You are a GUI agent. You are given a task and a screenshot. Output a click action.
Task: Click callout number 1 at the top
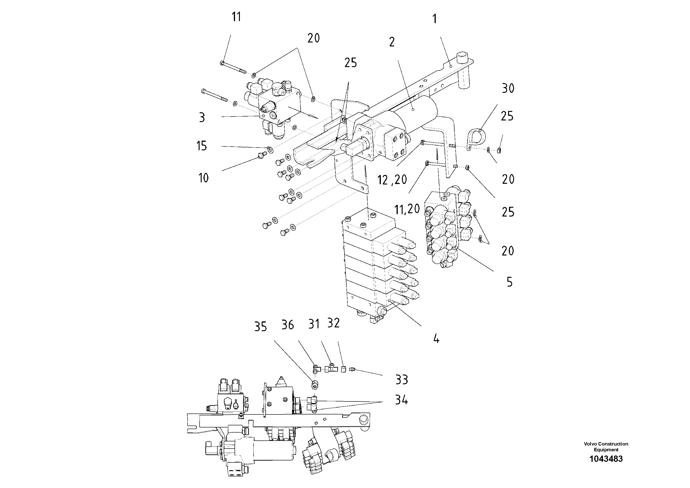(x=434, y=19)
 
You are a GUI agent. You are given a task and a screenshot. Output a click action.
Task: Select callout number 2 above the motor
(x=391, y=42)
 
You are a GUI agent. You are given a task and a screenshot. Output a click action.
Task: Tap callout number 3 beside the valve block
(x=202, y=118)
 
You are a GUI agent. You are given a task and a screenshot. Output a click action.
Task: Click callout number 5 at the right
(x=509, y=282)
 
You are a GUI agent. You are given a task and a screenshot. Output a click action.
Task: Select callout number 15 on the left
(x=202, y=146)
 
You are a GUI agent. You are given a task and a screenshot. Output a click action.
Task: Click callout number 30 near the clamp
(x=508, y=88)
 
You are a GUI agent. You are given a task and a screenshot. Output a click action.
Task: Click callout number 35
(x=260, y=327)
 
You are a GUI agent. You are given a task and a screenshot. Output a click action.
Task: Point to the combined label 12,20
(x=392, y=180)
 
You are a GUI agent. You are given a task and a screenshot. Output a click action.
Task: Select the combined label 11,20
(x=407, y=209)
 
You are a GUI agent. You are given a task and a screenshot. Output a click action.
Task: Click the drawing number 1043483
(x=606, y=459)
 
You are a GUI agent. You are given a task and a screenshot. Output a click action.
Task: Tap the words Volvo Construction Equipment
(x=606, y=446)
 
